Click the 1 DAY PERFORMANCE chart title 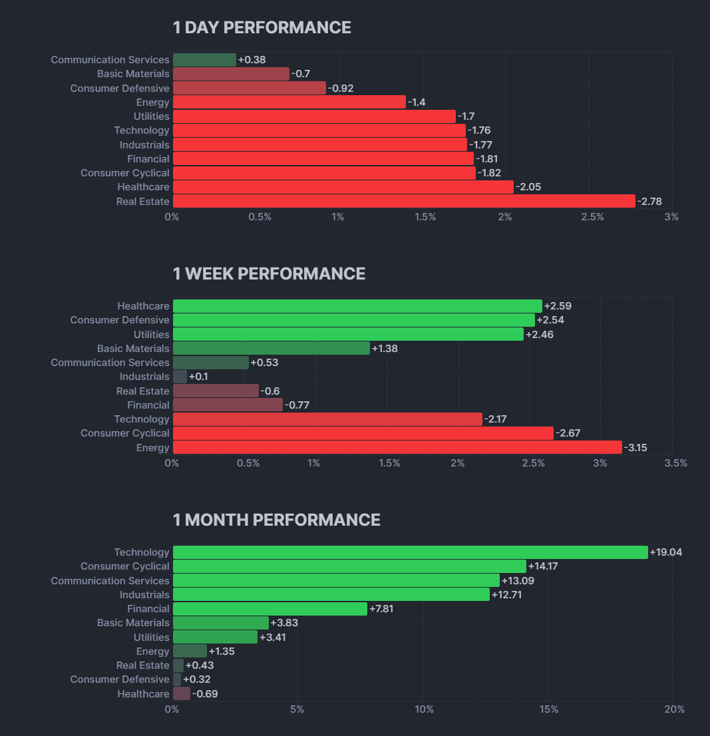click(x=262, y=27)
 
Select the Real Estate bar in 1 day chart click(x=404, y=201)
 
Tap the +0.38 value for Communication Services click(x=252, y=60)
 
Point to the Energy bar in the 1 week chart click(x=397, y=447)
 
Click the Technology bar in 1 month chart click(x=410, y=552)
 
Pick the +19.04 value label click(x=666, y=552)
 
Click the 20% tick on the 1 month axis click(x=674, y=709)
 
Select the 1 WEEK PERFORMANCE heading click(x=269, y=274)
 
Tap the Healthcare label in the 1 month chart click(x=143, y=694)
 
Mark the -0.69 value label click(x=204, y=694)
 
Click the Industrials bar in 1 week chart click(x=180, y=377)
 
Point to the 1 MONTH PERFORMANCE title click(x=276, y=520)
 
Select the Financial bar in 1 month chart click(x=269, y=609)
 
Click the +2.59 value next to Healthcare click(x=558, y=306)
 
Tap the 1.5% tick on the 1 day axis click(x=425, y=217)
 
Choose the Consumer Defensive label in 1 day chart click(x=120, y=88)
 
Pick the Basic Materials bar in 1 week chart click(x=271, y=348)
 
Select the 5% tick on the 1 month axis click(x=297, y=709)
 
